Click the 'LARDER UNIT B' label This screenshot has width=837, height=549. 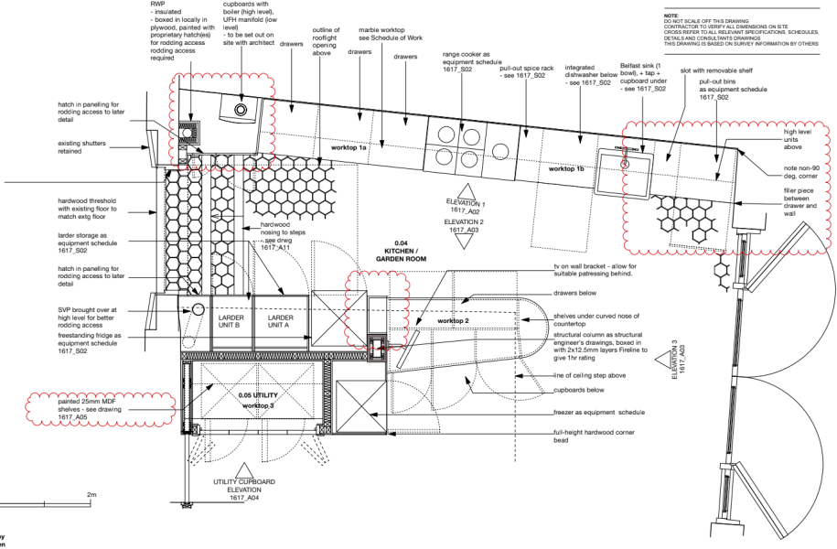pos(230,322)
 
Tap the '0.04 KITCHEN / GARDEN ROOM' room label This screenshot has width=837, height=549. pos(401,253)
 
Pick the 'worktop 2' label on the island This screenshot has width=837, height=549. pos(452,321)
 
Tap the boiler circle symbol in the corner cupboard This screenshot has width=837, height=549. pos(241,111)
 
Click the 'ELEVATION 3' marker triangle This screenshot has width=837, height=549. pos(660,362)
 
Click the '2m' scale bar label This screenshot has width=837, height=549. pos(91,495)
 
